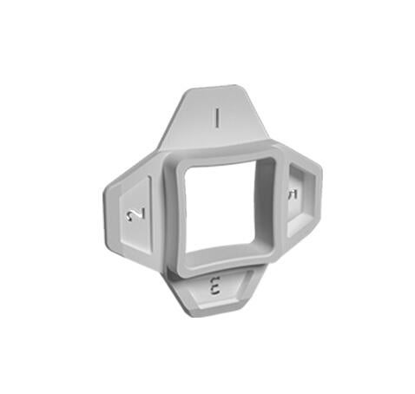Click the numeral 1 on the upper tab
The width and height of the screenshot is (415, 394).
point(218,117)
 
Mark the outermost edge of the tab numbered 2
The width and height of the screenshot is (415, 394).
point(107,216)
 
